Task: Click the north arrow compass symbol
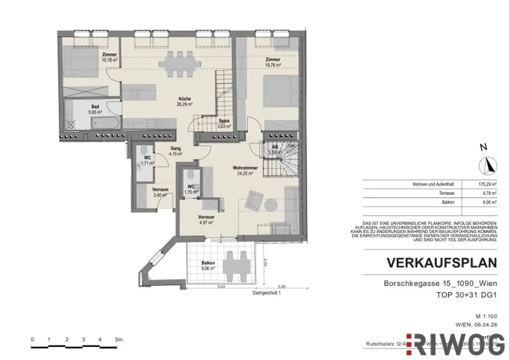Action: tap(488, 165)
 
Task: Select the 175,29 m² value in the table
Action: tap(487, 184)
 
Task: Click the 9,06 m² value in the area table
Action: tap(487, 202)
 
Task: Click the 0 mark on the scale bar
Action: tap(32, 340)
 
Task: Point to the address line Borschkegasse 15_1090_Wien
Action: tap(440, 284)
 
